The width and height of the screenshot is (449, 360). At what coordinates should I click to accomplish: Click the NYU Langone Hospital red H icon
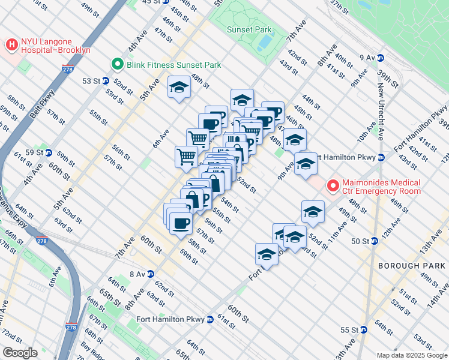click(11, 43)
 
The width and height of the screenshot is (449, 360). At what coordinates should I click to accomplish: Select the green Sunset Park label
click(249, 29)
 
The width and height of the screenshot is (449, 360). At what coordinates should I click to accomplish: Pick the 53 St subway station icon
click(105, 80)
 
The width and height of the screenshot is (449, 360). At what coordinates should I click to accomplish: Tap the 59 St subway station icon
click(49, 152)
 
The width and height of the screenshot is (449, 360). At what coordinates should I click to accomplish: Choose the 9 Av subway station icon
click(381, 58)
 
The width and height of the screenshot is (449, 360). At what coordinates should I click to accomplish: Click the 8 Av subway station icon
click(151, 274)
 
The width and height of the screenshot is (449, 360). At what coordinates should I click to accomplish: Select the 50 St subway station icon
click(374, 241)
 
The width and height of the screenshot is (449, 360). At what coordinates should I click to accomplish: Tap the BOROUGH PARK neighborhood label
click(412, 265)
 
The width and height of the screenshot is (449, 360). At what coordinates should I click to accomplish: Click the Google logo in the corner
click(20, 353)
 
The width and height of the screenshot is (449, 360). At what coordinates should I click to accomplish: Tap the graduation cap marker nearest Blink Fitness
click(178, 88)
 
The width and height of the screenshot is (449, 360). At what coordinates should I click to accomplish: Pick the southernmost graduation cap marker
click(267, 254)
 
